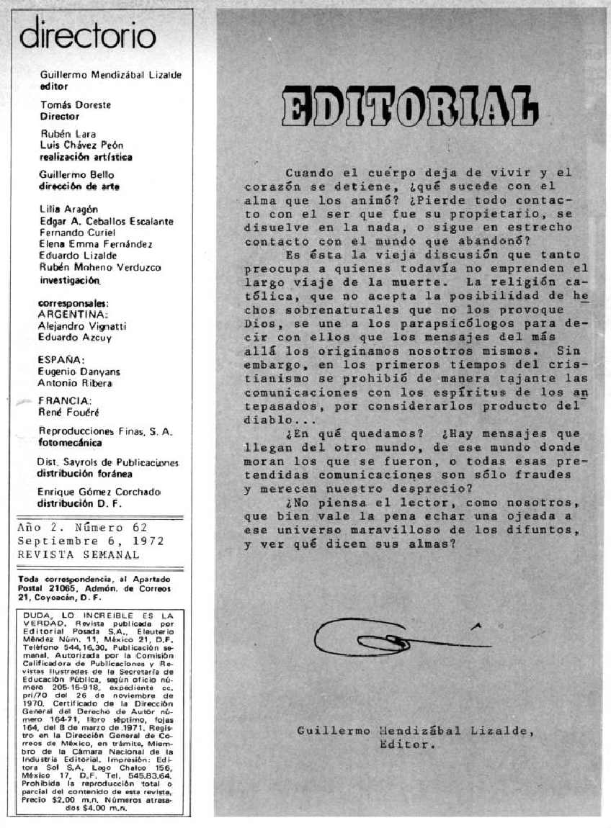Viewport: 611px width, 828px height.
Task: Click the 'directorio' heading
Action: tap(87, 35)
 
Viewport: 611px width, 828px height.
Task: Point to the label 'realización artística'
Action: tap(86, 156)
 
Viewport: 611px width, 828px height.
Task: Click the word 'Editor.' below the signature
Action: tap(407, 745)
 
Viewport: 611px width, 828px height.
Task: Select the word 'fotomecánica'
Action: tap(75, 443)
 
